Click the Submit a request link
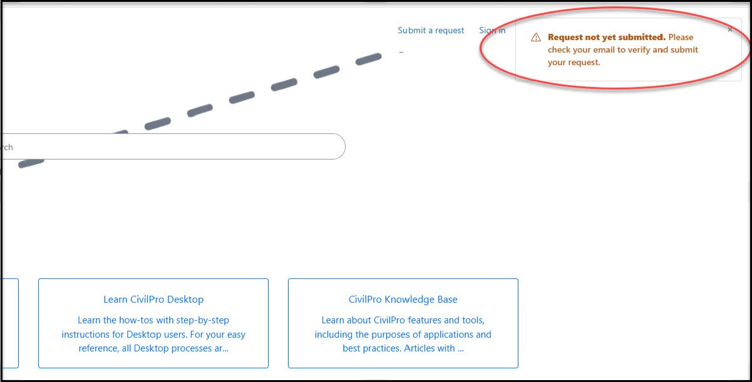[x=431, y=30]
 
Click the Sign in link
[x=492, y=30]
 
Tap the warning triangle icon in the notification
[x=535, y=38]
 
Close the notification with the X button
[x=730, y=29]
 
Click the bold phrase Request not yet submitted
[x=606, y=37]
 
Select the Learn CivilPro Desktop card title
[x=153, y=299]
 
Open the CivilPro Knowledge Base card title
[x=403, y=299]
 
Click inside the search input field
[x=175, y=146]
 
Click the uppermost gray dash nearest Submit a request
[x=369, y=59]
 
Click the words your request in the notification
[x=574, y=62]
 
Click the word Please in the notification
[x=681, y=37]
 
